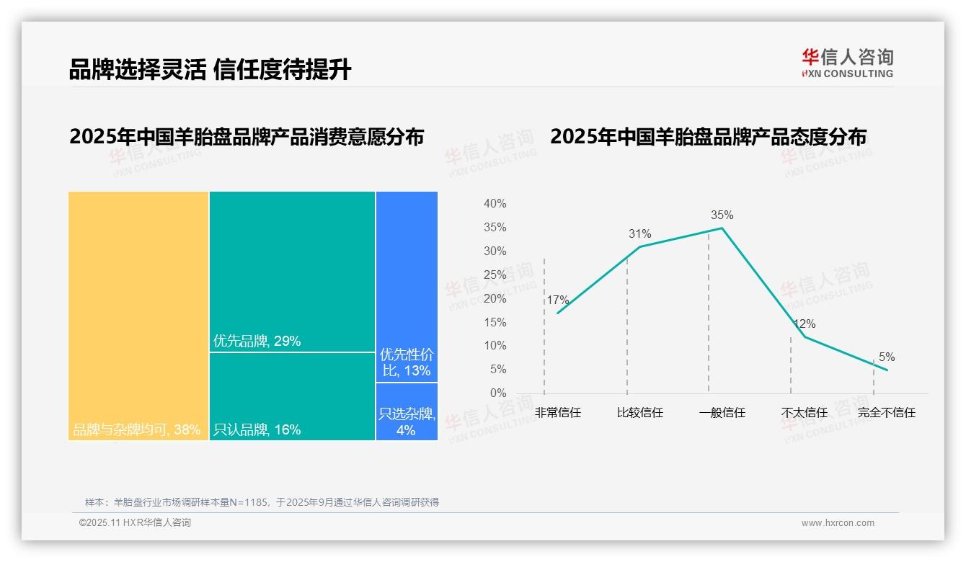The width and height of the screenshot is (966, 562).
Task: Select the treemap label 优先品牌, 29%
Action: pyautogui.click(x=257, y=341)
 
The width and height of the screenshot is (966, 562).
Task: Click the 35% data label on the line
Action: pyautogui.click(x=722, y=215)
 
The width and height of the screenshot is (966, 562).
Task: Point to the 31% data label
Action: pyautogui.click(x=639, y=233)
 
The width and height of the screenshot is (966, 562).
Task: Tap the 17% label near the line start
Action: pyautogui.click(x=557, y=300)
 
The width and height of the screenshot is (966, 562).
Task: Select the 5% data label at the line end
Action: pyautogui.click(x=887, y=357)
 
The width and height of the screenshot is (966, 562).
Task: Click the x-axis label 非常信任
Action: pyautogui.click(x=557, y=413)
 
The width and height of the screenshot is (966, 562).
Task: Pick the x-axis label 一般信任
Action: pyautogui.click(x=722, y=413)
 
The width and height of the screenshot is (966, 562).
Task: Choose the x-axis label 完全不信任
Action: pyautogui.click(x=886, y=413)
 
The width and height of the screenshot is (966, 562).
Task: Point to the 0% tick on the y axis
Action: pyautogui.click(x=497, y=393)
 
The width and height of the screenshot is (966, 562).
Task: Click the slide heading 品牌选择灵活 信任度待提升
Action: pyautogui.click(x=210, y=69)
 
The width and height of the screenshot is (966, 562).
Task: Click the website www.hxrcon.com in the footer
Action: pyautogui.click(x=838, y=523)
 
